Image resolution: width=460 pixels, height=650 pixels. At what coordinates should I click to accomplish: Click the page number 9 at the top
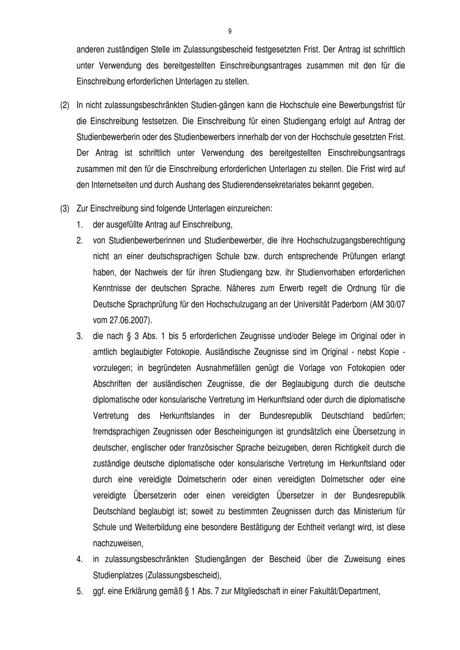coord(230,31)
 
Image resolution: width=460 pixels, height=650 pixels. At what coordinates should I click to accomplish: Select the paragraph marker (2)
coord(65,105)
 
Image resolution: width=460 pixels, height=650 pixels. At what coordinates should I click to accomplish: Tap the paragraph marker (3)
coord(65,208)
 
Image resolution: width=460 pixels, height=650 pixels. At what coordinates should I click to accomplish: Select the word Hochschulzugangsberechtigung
coord(351,240)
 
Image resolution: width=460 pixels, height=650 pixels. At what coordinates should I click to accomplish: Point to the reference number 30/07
coord(394,304)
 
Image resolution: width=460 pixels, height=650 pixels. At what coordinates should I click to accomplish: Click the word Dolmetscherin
coord(201,479)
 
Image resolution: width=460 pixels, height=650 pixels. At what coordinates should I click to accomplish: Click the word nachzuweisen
coord(118,543)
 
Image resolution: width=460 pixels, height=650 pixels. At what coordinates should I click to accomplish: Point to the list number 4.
coord(80,559)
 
